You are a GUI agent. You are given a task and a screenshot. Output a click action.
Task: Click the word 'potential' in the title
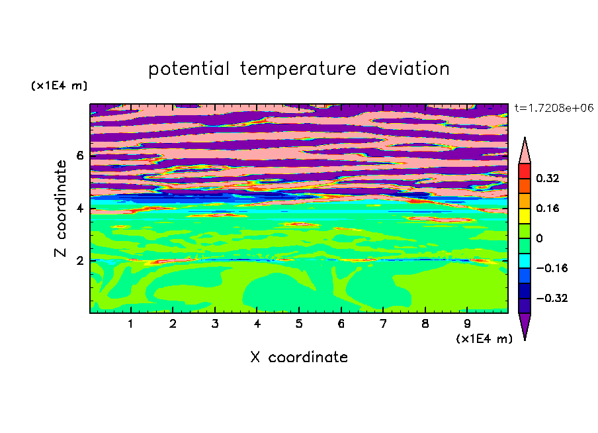[x=189, y=70]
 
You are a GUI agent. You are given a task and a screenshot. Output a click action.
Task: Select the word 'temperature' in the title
[x=298, y=69]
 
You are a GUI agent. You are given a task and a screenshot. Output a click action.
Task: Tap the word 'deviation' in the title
[x=407, y=69]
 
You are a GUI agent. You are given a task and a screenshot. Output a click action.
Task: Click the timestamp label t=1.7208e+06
[x=554, y=108]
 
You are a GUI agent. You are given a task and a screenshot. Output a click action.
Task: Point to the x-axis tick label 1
[x=131, y=324]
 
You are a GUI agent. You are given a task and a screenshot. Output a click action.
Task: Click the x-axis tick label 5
[x=299, y=324]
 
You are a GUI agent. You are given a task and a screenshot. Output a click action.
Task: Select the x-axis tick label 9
[x=467, y=324]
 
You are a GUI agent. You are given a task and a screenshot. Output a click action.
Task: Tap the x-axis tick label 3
[x=215, y=324]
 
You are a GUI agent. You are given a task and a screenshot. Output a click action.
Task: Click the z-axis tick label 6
[x=80, y=156]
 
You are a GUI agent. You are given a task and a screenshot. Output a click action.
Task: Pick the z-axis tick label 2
[x=80, y=261]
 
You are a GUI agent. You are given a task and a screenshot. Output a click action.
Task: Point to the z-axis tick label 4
[x=80, y=209]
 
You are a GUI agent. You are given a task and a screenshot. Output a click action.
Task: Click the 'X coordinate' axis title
[x=299, y=357]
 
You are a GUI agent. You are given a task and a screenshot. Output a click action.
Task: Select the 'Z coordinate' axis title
[x=60, y=209]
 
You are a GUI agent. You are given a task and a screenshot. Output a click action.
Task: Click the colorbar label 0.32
[x=547, y=178]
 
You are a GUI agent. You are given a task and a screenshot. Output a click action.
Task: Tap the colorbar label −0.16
[x=552, y=268]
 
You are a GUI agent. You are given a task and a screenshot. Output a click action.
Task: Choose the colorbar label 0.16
[x=547, y=208]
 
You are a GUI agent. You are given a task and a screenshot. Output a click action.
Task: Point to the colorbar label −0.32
[x=552, y=298]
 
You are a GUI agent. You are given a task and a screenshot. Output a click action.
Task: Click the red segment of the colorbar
[x=525, y=171]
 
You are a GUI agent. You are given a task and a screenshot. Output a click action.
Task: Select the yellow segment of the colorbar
[x=525, y=216]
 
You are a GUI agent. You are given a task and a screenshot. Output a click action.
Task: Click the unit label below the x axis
[x=484, y=339]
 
